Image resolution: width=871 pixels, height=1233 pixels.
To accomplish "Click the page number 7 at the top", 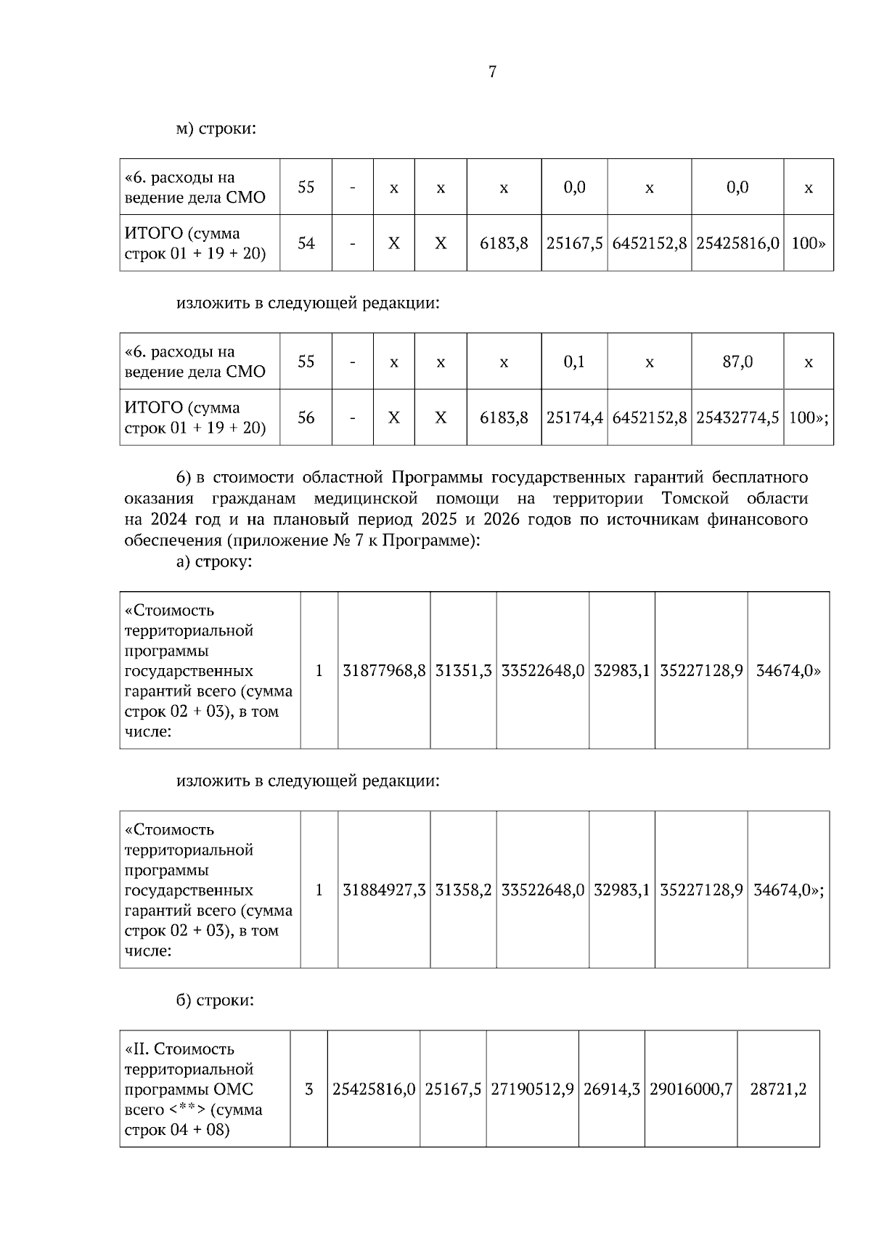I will click(492, 72).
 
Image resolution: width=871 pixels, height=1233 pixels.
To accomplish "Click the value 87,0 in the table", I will click(737, 362).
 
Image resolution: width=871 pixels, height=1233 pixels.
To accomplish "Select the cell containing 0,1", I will click(574, 362).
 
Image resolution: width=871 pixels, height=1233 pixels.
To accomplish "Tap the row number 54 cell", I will click(306, 243).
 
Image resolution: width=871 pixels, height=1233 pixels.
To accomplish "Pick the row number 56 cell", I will click(306, 418).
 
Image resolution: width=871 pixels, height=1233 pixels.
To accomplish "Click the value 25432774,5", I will click(737, 418).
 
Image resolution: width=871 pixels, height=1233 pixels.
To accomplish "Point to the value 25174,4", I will click(574, 418).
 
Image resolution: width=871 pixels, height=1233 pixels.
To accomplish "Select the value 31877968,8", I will click(384, 671).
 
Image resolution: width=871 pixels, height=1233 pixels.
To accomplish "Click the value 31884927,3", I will click(384, 890).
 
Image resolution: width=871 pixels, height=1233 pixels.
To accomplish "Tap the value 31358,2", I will click(463, 890).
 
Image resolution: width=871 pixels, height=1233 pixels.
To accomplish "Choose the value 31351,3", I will click(463, 671).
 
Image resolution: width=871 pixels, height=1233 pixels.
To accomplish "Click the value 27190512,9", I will click(532, 1089).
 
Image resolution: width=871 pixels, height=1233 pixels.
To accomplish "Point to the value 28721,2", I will click(778, 1089).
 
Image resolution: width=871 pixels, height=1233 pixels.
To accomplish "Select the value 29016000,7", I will click(691, 1089).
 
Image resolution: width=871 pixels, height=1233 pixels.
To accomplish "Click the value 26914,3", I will click(611, 1089).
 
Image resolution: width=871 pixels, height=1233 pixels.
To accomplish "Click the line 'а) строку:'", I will click(214, 562).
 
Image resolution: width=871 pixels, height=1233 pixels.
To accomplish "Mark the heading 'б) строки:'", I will click(215, 1001).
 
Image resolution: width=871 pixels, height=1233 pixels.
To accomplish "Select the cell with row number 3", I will click(309, 1089).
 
